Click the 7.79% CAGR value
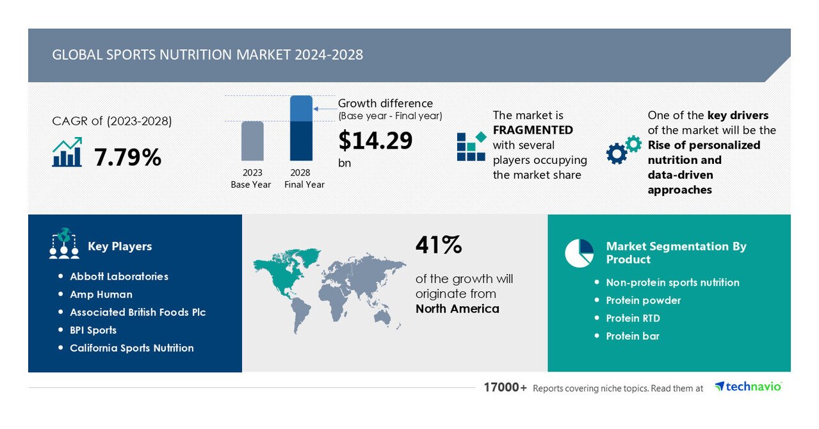tap(127, 157)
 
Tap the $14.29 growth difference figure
tap(375, 141)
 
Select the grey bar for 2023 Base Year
tap(252, 141)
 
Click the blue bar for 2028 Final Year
tap(301, 128)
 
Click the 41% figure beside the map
tap(439, 245)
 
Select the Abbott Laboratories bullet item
tap(119, 277)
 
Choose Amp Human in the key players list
tap(101, 295)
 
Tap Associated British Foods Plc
tap(138, 312)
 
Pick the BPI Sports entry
tap(93, 330)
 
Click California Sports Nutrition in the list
tap(132, 348)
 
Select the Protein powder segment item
tap(643, 300)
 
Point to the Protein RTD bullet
tap(633, 318)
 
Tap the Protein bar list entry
tap(633, 336)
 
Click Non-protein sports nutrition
tap(672, 282)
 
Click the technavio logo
tap(748, 386)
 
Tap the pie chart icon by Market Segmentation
tap(579, 253)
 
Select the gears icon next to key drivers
tap(623, 150)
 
